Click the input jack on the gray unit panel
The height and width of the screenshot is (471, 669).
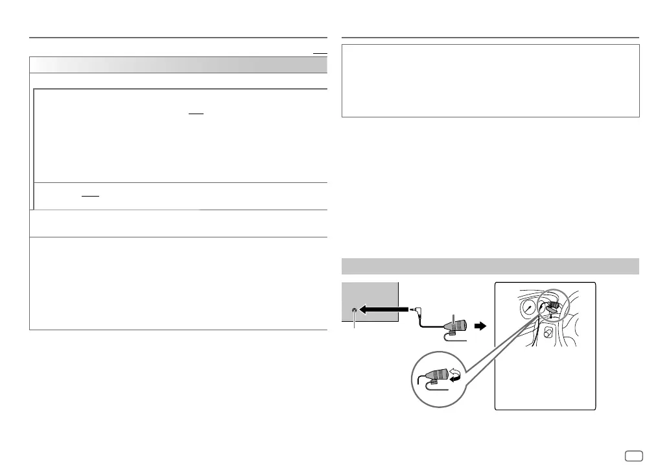354,310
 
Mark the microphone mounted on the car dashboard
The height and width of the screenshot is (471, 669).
555,304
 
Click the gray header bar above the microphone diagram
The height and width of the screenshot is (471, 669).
490,267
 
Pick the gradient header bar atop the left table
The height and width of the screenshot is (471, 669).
178,65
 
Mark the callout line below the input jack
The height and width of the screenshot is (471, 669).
354,322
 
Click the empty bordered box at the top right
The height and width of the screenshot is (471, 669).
490,80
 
